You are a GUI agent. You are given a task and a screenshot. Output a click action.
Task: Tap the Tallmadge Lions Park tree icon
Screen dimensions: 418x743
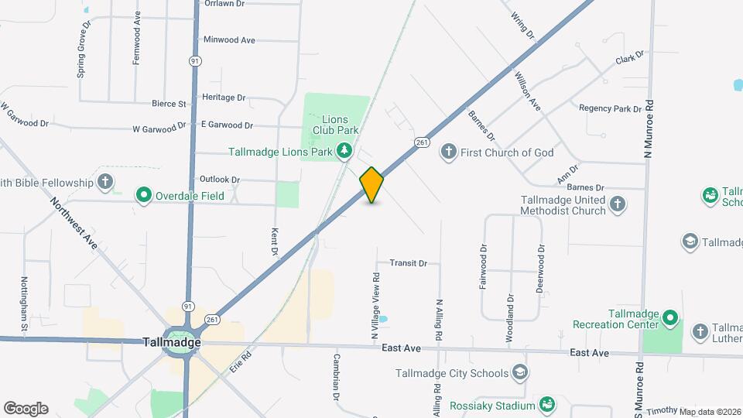coord(345,152)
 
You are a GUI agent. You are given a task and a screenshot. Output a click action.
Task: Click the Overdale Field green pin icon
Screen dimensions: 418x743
coord(143,195)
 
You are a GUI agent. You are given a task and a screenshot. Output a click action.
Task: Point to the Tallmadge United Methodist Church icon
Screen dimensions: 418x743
coord(617,204)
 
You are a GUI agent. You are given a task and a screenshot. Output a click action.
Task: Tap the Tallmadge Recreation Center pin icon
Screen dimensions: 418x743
coord(670,318)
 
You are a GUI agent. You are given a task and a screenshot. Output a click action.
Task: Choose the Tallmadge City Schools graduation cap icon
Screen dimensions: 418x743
coord(520,373)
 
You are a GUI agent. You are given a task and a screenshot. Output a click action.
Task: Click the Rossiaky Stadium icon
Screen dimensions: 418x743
coord(547,405)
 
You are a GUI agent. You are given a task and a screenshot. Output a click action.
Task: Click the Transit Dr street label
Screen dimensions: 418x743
coord(408,263)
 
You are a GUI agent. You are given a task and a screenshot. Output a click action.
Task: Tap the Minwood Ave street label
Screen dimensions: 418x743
coord(228,39)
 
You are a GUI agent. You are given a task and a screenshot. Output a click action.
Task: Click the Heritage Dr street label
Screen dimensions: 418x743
coord(223,98)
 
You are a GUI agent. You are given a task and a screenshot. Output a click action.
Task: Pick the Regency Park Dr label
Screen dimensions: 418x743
coord(611,108)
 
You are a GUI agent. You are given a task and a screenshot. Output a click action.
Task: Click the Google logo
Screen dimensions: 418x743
coord(26,408)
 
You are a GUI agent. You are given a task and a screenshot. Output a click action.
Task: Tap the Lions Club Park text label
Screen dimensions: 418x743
coord(335,125)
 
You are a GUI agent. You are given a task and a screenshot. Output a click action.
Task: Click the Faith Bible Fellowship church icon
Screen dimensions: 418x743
coord(106,183)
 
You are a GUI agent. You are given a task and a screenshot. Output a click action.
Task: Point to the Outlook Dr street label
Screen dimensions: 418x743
coord(220,179)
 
